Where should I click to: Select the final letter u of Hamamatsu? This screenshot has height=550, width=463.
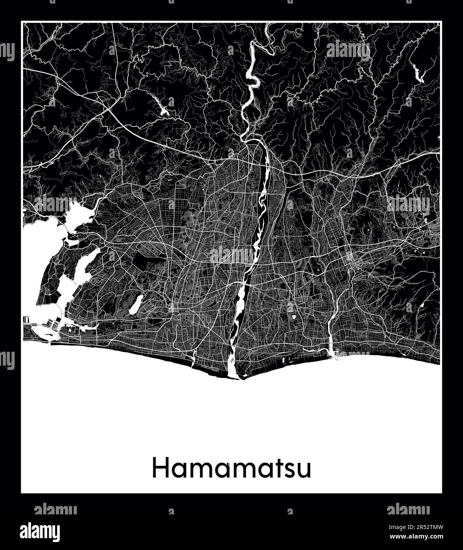[304, 470]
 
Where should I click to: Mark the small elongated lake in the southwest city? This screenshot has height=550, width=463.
[135, 303]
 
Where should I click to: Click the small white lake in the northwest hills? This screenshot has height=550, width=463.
[164, 108]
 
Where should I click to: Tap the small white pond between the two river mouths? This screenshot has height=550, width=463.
[294, 317]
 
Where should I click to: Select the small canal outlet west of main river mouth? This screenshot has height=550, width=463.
[193, 360]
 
